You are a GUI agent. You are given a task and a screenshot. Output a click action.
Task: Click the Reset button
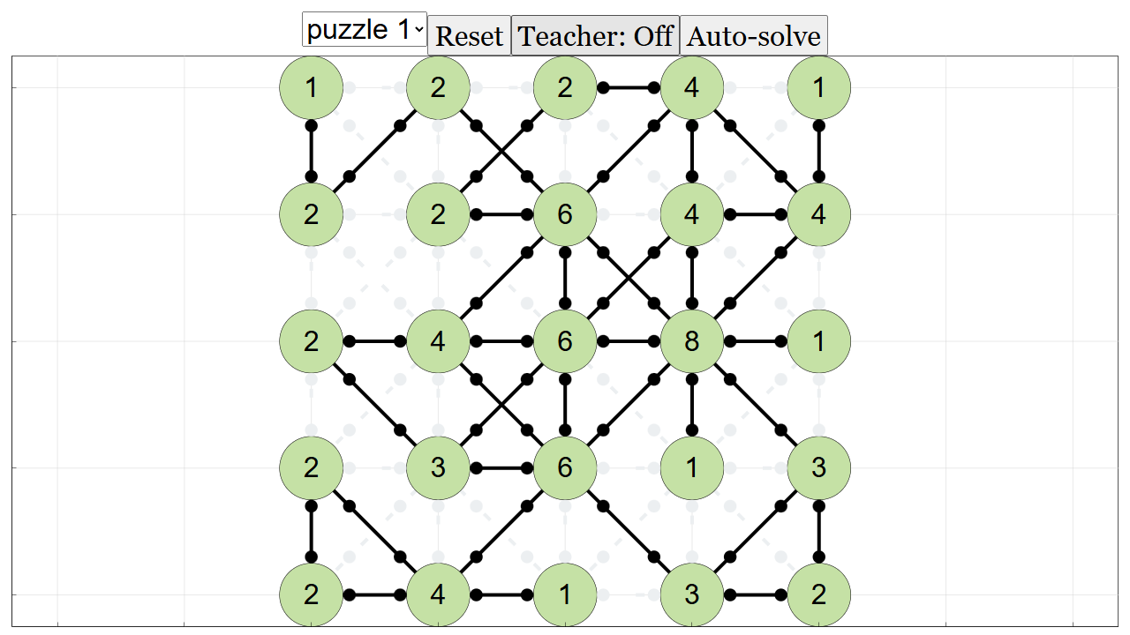coord(469,35)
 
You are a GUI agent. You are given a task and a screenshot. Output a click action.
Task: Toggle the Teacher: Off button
coord(595,35)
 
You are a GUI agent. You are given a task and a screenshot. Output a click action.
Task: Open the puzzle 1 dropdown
coord(365,29)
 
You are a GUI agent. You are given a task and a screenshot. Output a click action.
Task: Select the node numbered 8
coord(691,341)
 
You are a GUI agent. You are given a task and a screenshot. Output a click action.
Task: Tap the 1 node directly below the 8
coord(691,467)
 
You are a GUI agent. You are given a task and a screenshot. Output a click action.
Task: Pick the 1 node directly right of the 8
coord(818,341)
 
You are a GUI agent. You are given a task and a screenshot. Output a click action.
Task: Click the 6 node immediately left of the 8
coord(565,341)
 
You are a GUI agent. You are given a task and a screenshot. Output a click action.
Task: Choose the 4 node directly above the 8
coord(691,214)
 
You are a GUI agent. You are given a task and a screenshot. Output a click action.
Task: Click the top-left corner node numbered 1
coord(312,87)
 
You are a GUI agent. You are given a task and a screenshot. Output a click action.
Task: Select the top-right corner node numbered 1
coord(818,87)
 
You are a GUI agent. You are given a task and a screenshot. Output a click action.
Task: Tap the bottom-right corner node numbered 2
coord(818,594)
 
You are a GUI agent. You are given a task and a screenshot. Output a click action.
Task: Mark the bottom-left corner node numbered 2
coord(312,594)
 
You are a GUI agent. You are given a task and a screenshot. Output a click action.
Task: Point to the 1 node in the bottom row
coord(565,594)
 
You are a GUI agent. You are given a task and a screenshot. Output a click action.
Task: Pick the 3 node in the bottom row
coord(691,594)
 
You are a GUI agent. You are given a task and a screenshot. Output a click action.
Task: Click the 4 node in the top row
coord(691,87)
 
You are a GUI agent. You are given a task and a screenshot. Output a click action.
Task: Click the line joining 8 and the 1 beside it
coord(755,341)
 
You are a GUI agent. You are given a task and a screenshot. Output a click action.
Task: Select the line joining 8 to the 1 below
coord(692,405)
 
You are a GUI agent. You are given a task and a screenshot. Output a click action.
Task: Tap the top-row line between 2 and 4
coord(628,88)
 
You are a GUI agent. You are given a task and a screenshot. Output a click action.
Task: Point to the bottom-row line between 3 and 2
coord(755,595)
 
